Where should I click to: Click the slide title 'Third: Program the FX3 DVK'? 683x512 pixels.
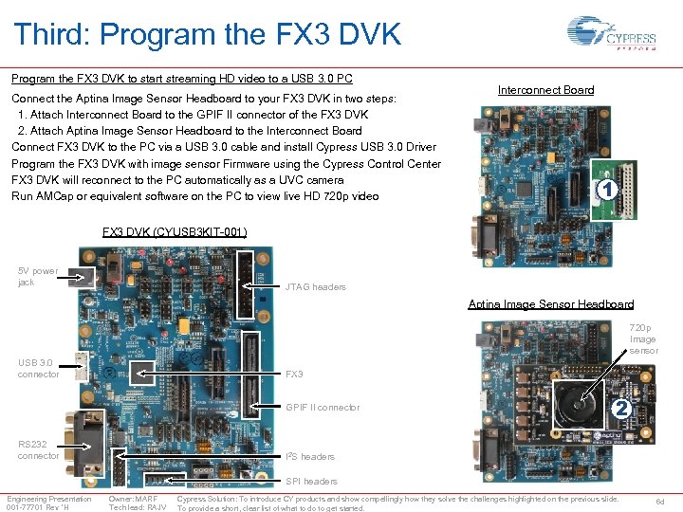pyautogui.click(x=208, y=35)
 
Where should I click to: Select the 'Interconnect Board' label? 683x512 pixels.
pyautogui.click(x=545, y=90)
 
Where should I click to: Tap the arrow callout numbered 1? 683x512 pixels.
pyautogui.click(x=607, y=190)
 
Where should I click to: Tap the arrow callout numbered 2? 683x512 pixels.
pyautogui.click(x=619, y=409)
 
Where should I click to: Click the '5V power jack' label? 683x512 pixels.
pyautogui.click(x=38, y=277)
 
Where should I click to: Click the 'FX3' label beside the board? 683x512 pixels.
pyautogui.click(x=295, y=375)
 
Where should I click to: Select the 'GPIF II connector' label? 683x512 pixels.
pyautogui.click(x=323, y=408)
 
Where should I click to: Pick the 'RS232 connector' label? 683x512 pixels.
pyautogui.click(x=38, y=449)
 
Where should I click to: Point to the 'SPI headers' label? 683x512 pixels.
pyautogui.click(x=311, y=482)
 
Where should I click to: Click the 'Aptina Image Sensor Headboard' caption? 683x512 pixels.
pyautogui.click(x=550, y=304)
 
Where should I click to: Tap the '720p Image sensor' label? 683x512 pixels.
pyautogui.click(x=642, y=339)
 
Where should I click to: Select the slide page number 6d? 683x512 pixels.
pyautogui.click(x=660, y=503)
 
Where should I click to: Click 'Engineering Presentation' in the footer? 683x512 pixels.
pyautogui.click(x=49, y=499)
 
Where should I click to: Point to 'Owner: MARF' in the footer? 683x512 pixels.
pyautogui.click(x=133, y=499)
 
